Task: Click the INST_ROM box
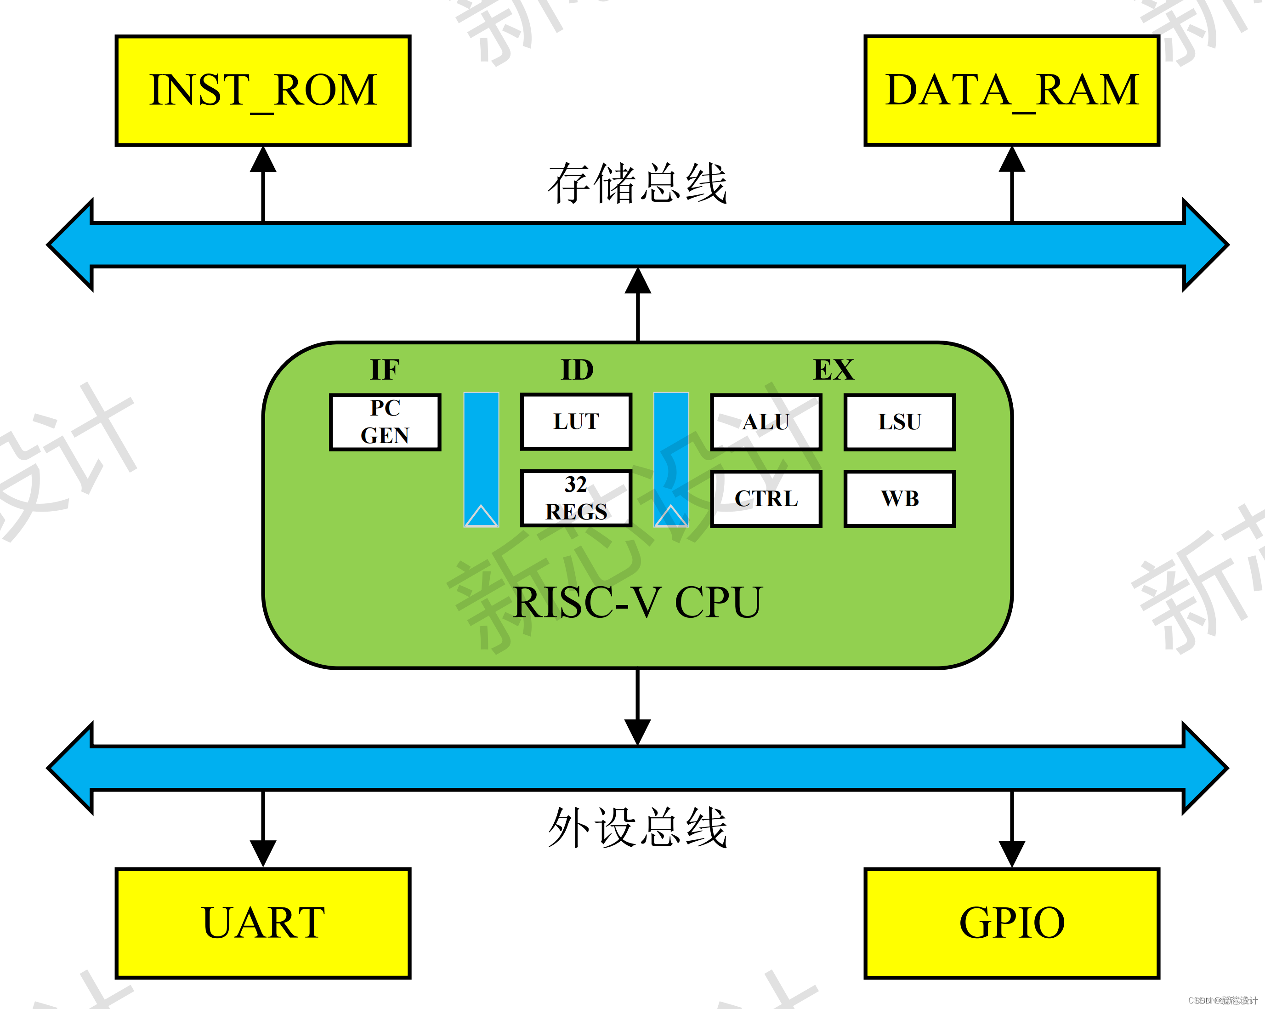263,91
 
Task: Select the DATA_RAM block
1011,91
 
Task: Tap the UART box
263,923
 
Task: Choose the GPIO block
1011,923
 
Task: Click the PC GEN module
385,422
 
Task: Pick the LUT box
576,422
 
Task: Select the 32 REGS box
576,498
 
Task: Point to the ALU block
766,422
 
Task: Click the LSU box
899,422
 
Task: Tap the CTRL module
766,498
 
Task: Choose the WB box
899,498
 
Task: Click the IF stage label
385,370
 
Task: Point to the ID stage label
577,370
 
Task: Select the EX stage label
833,370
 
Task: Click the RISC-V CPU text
637,602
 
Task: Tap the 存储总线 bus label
637,184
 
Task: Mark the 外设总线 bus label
637,827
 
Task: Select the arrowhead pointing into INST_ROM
263,160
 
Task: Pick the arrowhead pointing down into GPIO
1011,853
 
